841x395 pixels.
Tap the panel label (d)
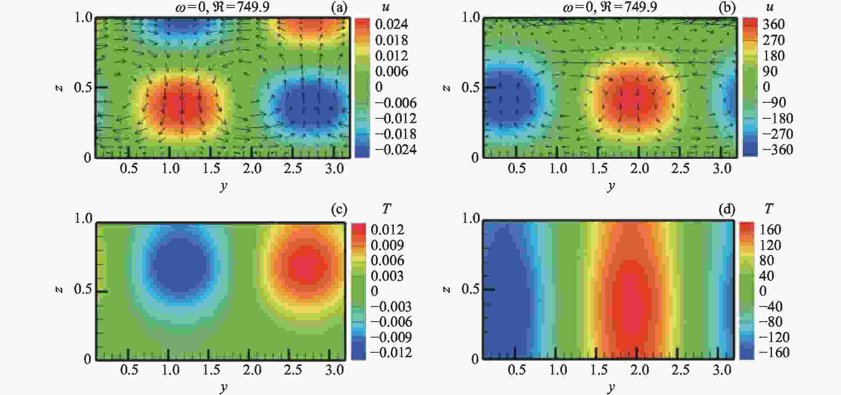727,209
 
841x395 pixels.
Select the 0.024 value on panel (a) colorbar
392,24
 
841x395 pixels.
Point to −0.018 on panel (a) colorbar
396,134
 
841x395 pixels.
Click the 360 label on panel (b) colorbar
773,24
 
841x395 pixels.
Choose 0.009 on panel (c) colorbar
387,245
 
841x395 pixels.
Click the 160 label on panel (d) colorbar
770,230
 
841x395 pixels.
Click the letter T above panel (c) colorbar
387,209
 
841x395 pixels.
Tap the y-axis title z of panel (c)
60,290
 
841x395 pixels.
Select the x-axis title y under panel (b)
611,186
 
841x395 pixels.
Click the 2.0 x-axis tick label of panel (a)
252,169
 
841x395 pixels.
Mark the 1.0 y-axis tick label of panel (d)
470,218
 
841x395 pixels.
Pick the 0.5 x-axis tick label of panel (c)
129,370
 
